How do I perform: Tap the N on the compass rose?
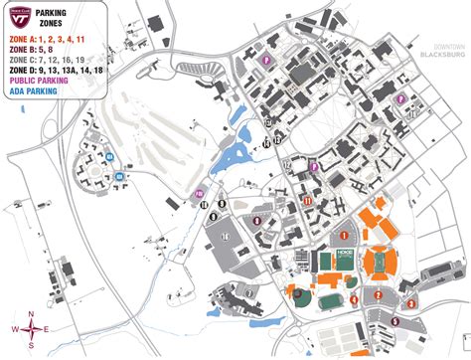pos(32,314)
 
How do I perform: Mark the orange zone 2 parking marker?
pos(378,294)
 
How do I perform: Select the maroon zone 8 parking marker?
pos(256,220)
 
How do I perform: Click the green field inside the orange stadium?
pos(377,264)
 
